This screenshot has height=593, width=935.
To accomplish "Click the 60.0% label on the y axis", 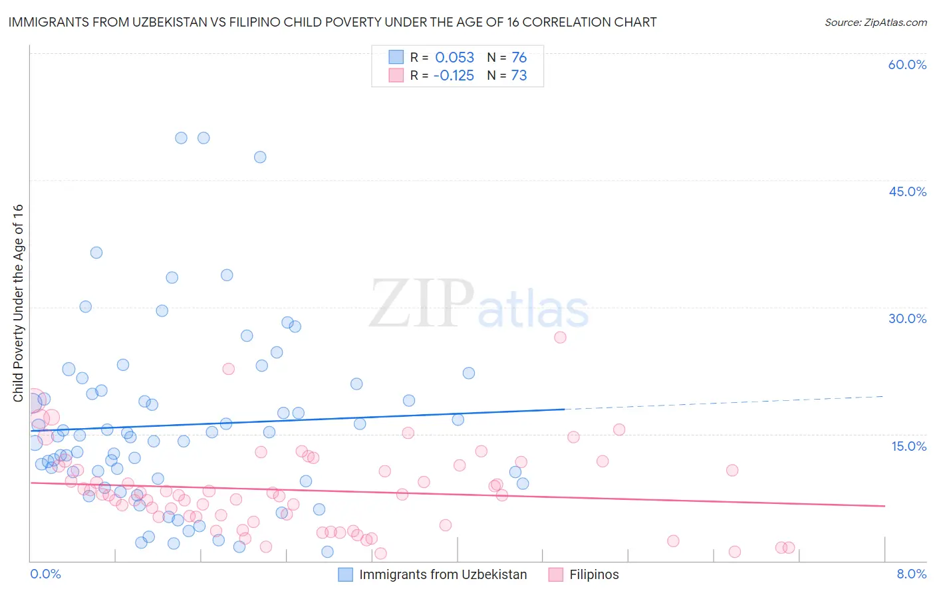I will (907, 64).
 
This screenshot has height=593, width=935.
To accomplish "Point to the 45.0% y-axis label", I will (907, 191).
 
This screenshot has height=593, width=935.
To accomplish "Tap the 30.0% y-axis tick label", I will (907, 318).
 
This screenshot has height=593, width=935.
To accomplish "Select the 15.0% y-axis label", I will (908, 446).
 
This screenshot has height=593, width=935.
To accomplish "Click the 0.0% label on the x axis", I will (45, 574).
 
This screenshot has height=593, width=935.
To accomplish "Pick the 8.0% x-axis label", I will (911, 574).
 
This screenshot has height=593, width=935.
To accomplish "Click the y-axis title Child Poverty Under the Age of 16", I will (18, 302).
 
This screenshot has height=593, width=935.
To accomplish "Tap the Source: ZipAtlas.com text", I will (875, 22).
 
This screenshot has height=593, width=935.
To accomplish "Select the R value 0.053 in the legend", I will (454, 57).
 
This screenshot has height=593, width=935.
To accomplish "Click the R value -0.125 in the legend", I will (454, 75).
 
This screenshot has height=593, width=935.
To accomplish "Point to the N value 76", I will (519, 57).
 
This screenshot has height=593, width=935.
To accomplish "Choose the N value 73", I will (519, 75).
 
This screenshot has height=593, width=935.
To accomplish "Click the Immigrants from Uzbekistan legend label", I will (443, 574).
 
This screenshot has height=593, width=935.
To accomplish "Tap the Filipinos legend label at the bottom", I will (594, 574).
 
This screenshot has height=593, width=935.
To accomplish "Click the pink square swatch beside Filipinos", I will (556, 574).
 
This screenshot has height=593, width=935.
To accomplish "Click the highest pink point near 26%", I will (560, 337).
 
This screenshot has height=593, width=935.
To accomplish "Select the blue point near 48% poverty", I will (260, 157).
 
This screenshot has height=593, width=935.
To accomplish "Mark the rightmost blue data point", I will (523, 483).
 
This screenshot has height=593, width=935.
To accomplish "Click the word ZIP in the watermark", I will (422, 304).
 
